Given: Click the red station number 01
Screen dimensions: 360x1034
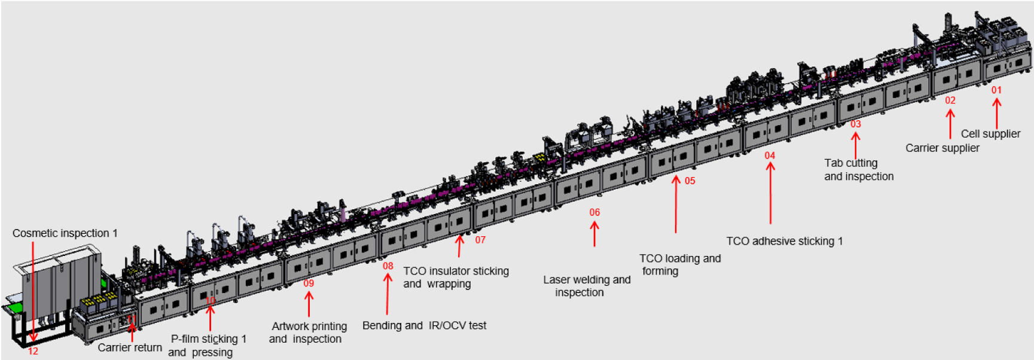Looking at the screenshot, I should click(996, 90).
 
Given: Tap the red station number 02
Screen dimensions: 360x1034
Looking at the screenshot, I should click(950, 100).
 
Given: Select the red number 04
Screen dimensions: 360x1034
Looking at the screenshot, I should click(770, 155).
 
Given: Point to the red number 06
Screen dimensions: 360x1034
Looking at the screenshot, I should click(594, 212).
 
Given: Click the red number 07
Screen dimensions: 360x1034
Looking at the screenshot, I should click(480, 240).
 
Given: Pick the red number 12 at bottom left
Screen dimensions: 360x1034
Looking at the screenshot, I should click(33, 351).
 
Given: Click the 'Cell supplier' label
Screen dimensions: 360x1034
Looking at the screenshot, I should click(990, 134).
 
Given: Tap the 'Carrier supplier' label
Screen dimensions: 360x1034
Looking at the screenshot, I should click(942, 148).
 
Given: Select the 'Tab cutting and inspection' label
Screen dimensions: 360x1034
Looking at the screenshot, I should click(859, 170).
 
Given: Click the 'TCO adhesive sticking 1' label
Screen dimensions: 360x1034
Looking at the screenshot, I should click(784, 241).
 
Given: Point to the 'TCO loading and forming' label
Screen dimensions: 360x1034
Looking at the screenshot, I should click(680, 264).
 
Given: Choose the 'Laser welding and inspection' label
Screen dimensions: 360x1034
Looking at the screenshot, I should click(587, 286).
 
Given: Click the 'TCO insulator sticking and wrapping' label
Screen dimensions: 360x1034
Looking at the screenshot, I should click(456, 277).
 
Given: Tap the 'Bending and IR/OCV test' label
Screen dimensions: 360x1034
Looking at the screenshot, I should click(424, 325).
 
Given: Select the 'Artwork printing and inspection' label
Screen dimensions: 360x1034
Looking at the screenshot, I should click(309, 332).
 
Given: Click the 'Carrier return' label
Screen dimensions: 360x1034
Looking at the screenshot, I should click(130, 347).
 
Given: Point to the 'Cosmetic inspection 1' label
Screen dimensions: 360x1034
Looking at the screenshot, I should click(65, 233).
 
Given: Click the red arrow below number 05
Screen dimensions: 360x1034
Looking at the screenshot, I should click(676, 203).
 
